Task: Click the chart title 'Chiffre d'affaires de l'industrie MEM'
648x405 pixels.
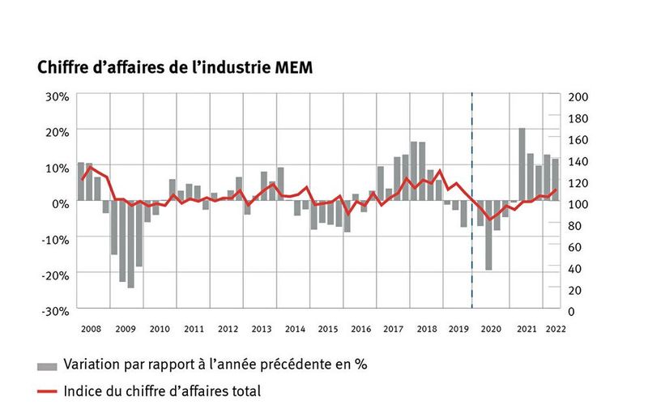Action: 174,68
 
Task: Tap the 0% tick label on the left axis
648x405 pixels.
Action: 60,203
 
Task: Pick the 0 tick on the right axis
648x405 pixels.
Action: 573,311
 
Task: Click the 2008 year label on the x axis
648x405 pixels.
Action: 91,329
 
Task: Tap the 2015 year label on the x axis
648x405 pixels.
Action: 328,329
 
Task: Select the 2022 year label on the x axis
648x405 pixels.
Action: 556,329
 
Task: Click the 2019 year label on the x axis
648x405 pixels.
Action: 460,329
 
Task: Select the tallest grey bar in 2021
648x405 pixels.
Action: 522,165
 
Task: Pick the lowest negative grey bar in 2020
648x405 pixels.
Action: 488,236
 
